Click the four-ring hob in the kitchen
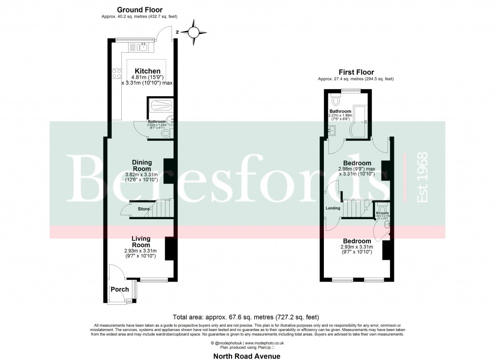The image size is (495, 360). pos(116,74)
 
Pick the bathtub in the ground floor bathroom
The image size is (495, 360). pos(159,105)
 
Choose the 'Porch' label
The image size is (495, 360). pos(120,289)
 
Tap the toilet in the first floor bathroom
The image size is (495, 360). pos(337,101)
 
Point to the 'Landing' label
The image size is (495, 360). pos(333,208)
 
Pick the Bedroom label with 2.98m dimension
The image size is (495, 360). pos(357,163)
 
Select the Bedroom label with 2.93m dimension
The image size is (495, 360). pos(357,241)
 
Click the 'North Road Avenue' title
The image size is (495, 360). pos(247,356)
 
